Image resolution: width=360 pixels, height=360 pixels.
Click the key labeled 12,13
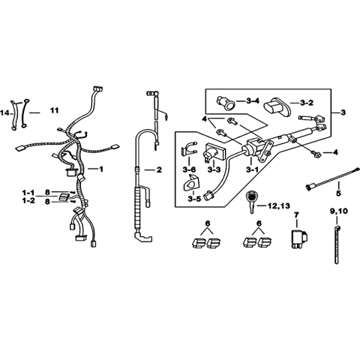click(x=250, y=202)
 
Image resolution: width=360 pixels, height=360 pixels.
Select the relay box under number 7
click(x=299, y=238)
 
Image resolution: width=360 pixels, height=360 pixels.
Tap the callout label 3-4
click(x=253, y=101)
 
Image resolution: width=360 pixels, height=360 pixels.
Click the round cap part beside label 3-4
click(x=225, y=103)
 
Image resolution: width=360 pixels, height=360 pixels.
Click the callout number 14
click(x=4, y=113)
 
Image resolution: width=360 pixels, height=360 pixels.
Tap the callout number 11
click(x=54, y=110)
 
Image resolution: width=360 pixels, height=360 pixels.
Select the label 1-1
click(x=28, y=193)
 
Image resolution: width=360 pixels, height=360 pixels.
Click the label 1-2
click(x=28, y=200)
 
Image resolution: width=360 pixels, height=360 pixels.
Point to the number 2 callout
click(x=159, y=170)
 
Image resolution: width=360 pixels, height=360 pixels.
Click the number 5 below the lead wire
click(x=338, y=193)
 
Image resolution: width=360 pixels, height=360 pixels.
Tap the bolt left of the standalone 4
click(x=316, y=154)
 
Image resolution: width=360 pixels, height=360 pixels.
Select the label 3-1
click(x=252, y=170)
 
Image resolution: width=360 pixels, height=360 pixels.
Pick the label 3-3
click(x=214, y=170)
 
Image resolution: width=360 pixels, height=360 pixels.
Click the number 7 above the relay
click(x=296, y=215)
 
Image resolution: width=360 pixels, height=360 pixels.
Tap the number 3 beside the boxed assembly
click(x=343, y=112)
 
